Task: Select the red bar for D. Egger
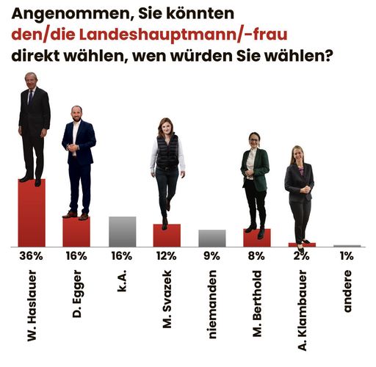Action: coord(76,232)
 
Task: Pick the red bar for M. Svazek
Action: coord(167,236)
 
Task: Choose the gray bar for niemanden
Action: coord(211,238)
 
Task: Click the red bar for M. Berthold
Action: coord(257,239)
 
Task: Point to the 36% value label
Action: coord(32,256)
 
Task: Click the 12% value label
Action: coord(167,256)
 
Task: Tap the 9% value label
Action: coord(211,256)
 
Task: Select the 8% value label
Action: coord(257,256)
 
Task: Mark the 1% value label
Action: coord(347,256)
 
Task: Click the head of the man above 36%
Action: coord(30,79)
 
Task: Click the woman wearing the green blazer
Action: coord(254,176)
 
